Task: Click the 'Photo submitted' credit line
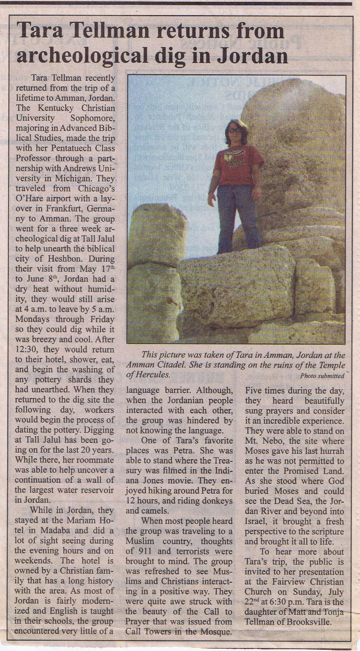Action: click(x=322, y=376)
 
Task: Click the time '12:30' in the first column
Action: click(x=25, y=349)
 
